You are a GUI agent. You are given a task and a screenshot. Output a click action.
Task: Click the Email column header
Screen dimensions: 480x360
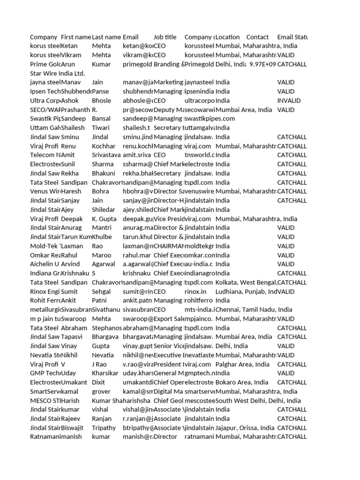pyautogui.click(x=130, y=37)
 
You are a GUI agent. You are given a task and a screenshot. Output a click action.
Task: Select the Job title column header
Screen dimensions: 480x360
pyautogui.click(x=165, y=37)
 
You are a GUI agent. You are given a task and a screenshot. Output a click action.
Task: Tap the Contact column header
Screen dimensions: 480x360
pyautogui.click(x=257, y=37)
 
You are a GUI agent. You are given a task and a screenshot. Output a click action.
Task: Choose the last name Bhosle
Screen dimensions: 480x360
pyautogui.click(x=102, y=100)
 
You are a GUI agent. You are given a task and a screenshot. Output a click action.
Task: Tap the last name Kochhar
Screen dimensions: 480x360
pyautogui.click(x=104, y=146)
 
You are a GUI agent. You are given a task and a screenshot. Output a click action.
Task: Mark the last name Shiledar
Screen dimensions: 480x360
pyautogui.click(x=105, y=210)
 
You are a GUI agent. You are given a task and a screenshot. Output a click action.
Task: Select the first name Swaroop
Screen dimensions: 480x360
pyautogui.click(x=73, y=319)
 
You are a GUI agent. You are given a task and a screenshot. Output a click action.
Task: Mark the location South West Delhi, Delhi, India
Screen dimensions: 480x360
pyautogui.click(x=258, y=400)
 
